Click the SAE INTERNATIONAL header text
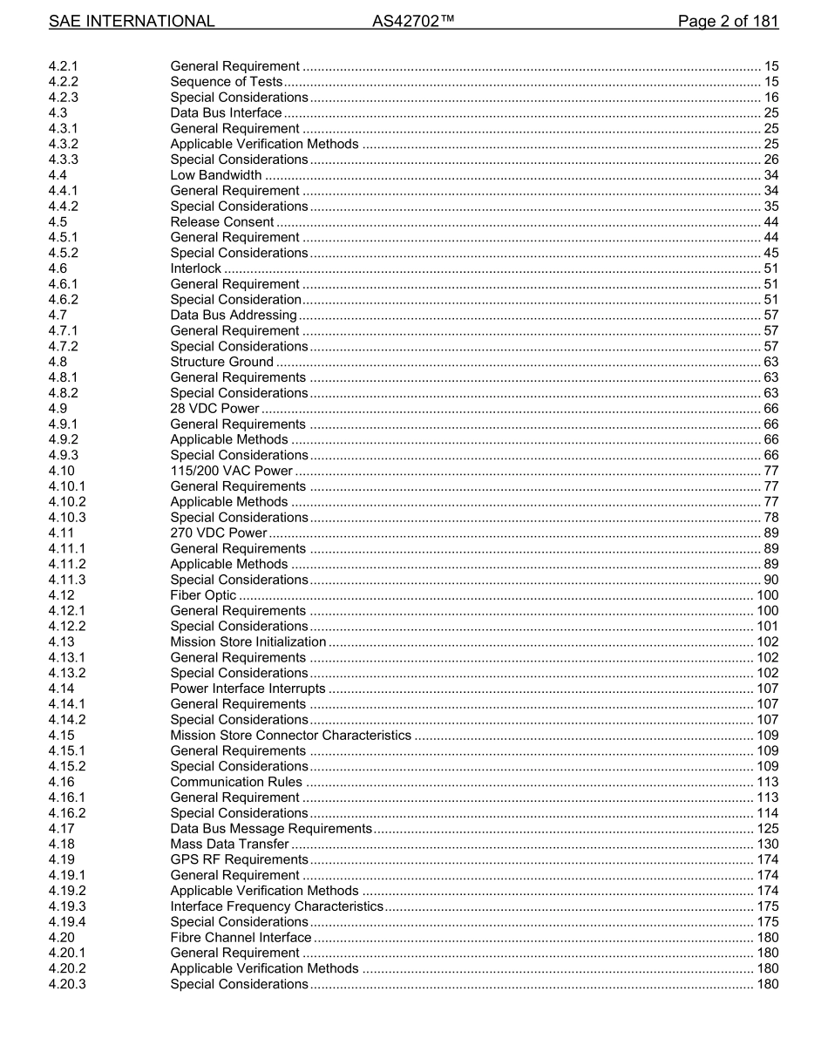pos(132,22)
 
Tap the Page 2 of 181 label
pos(728,22)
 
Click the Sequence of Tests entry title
pos(227,82)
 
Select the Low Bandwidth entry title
pos(215,175)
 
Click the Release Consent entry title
pos(222,222)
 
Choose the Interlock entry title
pos(196,268)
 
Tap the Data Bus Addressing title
pos(234,316)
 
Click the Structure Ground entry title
pos(222,363)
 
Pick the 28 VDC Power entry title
pos(215,409)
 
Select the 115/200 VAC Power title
pos(231,472)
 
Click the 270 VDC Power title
pos(219,533)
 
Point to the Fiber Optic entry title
pos(203,595)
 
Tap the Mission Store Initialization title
pos(248,642)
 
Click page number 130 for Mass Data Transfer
pos(767,845)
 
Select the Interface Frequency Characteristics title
pos(276,906)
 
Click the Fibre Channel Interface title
pos(241,938)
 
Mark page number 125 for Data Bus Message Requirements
pos(767,829)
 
